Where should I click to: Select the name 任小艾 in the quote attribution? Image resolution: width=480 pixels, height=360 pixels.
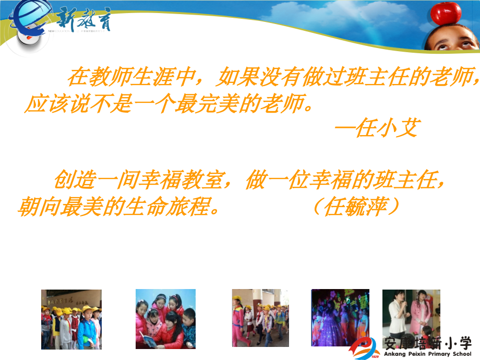[x=387, y=127]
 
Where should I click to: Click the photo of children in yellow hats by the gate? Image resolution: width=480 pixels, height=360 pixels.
[x=71, y=319]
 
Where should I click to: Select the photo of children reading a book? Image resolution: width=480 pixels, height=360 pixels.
[x=165, y=319]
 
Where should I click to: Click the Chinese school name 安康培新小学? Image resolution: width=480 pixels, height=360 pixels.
[x=427, y=343]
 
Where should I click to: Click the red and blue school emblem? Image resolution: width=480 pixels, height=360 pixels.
[x=367, y=347]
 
